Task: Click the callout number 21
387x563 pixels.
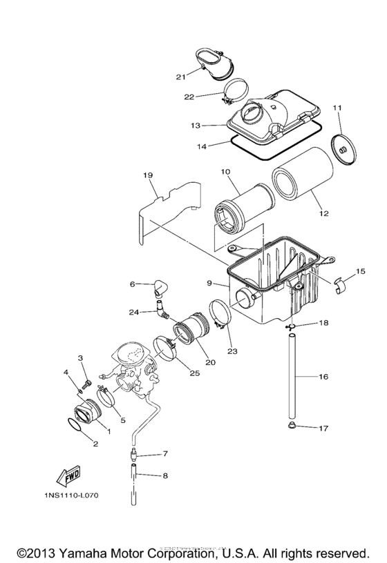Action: (x=180, y=77)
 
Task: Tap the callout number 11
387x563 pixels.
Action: (x=337, y=108)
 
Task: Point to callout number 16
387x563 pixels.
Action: (x=323, y=377)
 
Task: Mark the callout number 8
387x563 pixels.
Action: (x=164, y=475)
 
